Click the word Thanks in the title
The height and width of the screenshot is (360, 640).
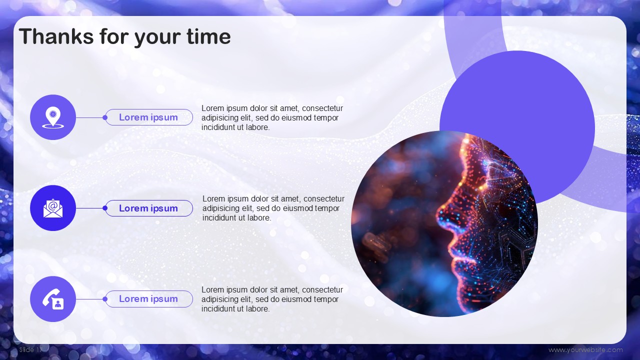[56, 36]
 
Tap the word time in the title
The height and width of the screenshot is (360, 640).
[208, 36]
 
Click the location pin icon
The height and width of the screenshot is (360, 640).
[53, 117]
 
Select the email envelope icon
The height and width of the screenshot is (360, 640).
[53, 208]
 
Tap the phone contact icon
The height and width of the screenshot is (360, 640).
[53, 299]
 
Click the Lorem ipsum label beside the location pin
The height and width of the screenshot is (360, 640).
[148, 117]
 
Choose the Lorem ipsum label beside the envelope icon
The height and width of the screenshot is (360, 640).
[148, 208]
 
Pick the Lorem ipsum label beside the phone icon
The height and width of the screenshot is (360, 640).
[148, 299]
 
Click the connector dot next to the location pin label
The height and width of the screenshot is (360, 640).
[105, 117]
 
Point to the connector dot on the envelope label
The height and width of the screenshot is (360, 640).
[105, 208]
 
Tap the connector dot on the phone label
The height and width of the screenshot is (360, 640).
[105, 299]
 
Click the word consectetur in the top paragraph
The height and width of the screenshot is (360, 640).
[322, 108]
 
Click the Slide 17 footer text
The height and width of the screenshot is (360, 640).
[31, 349]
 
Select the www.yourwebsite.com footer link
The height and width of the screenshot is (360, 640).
[585, 349]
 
